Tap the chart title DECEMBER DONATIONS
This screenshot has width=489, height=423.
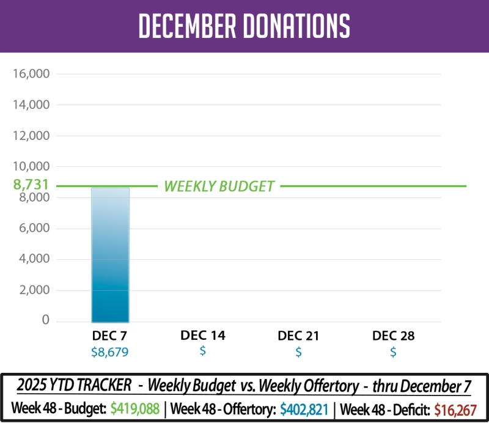[244, 26]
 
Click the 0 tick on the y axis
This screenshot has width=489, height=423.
[45, 321]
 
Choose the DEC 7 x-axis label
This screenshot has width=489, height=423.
[109, 336]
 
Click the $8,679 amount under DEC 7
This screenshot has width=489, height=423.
[109, 352]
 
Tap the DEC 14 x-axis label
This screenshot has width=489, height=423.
[203, 336]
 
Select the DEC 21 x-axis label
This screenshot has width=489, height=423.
[298, 336]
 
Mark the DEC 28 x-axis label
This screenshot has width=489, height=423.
[393, 336]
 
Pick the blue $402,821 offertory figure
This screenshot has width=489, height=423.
[304, 408]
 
